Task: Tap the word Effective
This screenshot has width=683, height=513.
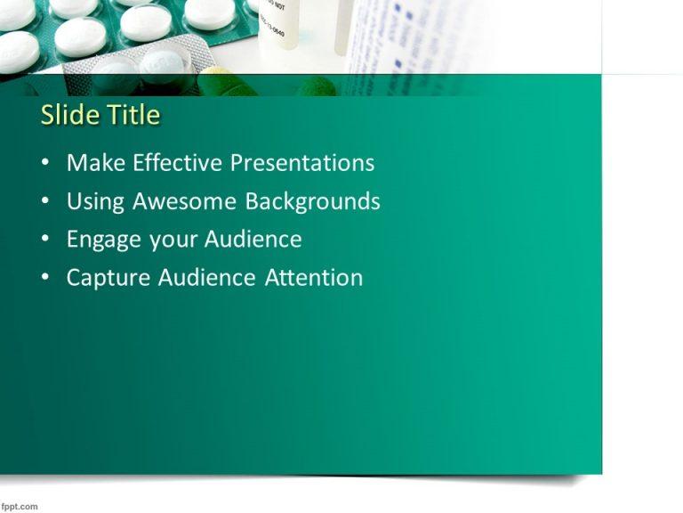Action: pyautogui.click(x=178, y=163)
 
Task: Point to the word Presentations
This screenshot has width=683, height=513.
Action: pyautogui.click(x=302, y=164)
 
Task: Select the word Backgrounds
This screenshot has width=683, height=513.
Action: pyautogui.click(x=313, y=201)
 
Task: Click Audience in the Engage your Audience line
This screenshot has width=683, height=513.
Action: pyautogui.click(x=253, y=240)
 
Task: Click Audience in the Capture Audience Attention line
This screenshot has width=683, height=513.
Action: pyautogui.click(x=208, y=278)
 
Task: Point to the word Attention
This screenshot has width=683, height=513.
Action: pyautogui.click(x=314, y=278)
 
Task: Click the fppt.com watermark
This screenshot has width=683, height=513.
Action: pyautogui.click(x=20, y=506)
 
